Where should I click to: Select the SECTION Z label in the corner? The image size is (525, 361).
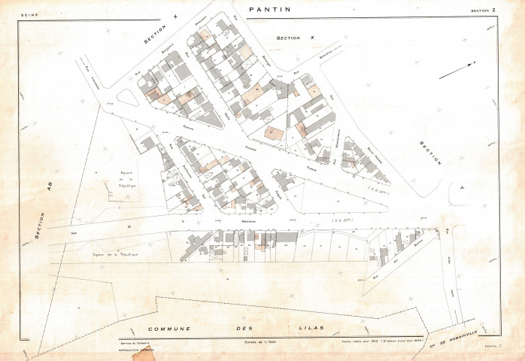[484, 11]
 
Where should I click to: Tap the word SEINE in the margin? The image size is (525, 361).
[30, 14]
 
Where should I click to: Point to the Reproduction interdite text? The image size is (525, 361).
[135, 349]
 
